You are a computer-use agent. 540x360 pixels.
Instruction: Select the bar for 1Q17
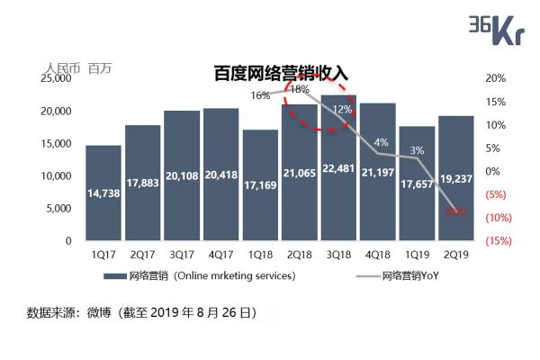coord(103,193)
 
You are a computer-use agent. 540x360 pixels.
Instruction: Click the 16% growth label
coord(260,95)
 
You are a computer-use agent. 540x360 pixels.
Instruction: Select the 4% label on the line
coord(382,142)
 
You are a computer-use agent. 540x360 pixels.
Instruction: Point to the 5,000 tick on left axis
coord(59,208)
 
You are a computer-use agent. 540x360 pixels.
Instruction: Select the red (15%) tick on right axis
coord(499,240)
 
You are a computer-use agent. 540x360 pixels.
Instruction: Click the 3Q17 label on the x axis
coord(182,255)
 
